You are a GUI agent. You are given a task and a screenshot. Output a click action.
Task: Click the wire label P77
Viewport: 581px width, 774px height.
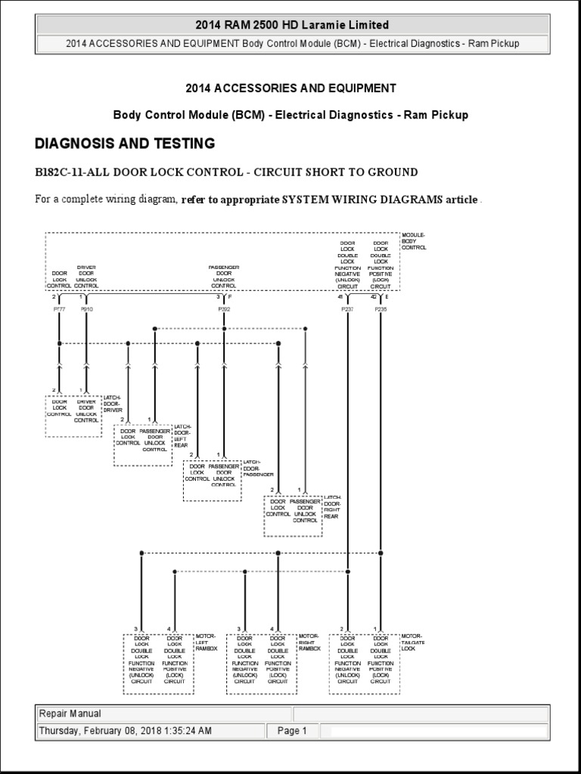(59, 309)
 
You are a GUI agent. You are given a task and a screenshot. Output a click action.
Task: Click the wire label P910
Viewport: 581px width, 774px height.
(88, 309)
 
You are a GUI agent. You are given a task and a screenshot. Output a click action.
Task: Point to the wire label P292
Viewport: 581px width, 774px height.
(224, 309)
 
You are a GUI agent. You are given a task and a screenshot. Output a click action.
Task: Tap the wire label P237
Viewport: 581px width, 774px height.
(347, 309)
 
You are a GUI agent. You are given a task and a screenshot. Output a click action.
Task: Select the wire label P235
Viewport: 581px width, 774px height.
(381, 309)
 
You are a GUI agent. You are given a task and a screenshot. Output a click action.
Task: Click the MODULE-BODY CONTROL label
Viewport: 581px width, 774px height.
(414, 241)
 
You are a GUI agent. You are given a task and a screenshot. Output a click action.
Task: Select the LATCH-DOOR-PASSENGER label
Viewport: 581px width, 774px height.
(253, 469)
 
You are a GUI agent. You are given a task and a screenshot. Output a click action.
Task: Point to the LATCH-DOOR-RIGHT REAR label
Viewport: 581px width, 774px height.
(333, 507)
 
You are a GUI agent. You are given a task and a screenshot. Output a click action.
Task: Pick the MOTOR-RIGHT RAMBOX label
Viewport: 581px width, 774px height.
(309, 642)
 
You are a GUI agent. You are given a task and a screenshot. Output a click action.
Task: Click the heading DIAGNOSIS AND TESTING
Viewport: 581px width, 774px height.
(125, 144)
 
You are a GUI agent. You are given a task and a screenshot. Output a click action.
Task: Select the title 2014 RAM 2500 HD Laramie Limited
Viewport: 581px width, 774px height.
(291, 25)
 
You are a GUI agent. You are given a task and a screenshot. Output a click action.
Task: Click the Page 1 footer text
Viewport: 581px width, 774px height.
(292, 731)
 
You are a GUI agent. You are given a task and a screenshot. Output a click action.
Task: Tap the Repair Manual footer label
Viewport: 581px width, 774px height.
(70, 714)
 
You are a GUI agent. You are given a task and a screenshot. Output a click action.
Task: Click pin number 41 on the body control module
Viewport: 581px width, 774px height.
(341, 298)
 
